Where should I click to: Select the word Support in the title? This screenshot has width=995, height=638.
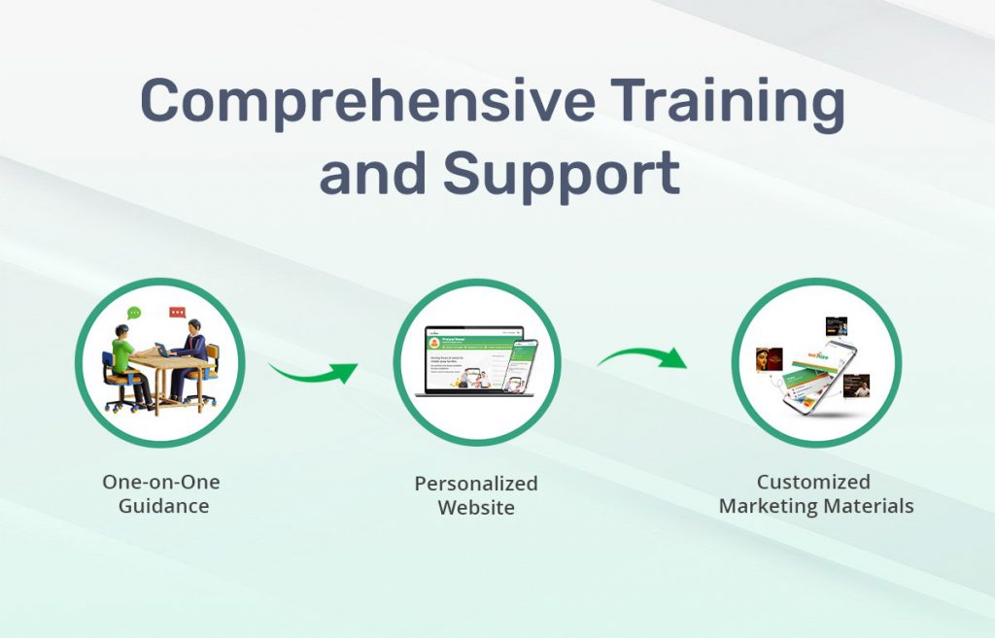[561, 176]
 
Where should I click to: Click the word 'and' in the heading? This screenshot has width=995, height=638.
[372, 176]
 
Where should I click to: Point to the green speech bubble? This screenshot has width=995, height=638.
[134, 313]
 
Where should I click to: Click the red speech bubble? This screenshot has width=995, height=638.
[177, 313]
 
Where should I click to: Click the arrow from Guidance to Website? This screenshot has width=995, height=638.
[313, 371]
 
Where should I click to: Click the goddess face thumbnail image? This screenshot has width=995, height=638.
[769, 357]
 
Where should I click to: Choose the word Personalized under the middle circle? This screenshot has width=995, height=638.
[475, 483]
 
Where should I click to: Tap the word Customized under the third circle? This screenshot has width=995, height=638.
[813, 482]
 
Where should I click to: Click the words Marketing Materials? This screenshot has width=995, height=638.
[816, 506]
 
